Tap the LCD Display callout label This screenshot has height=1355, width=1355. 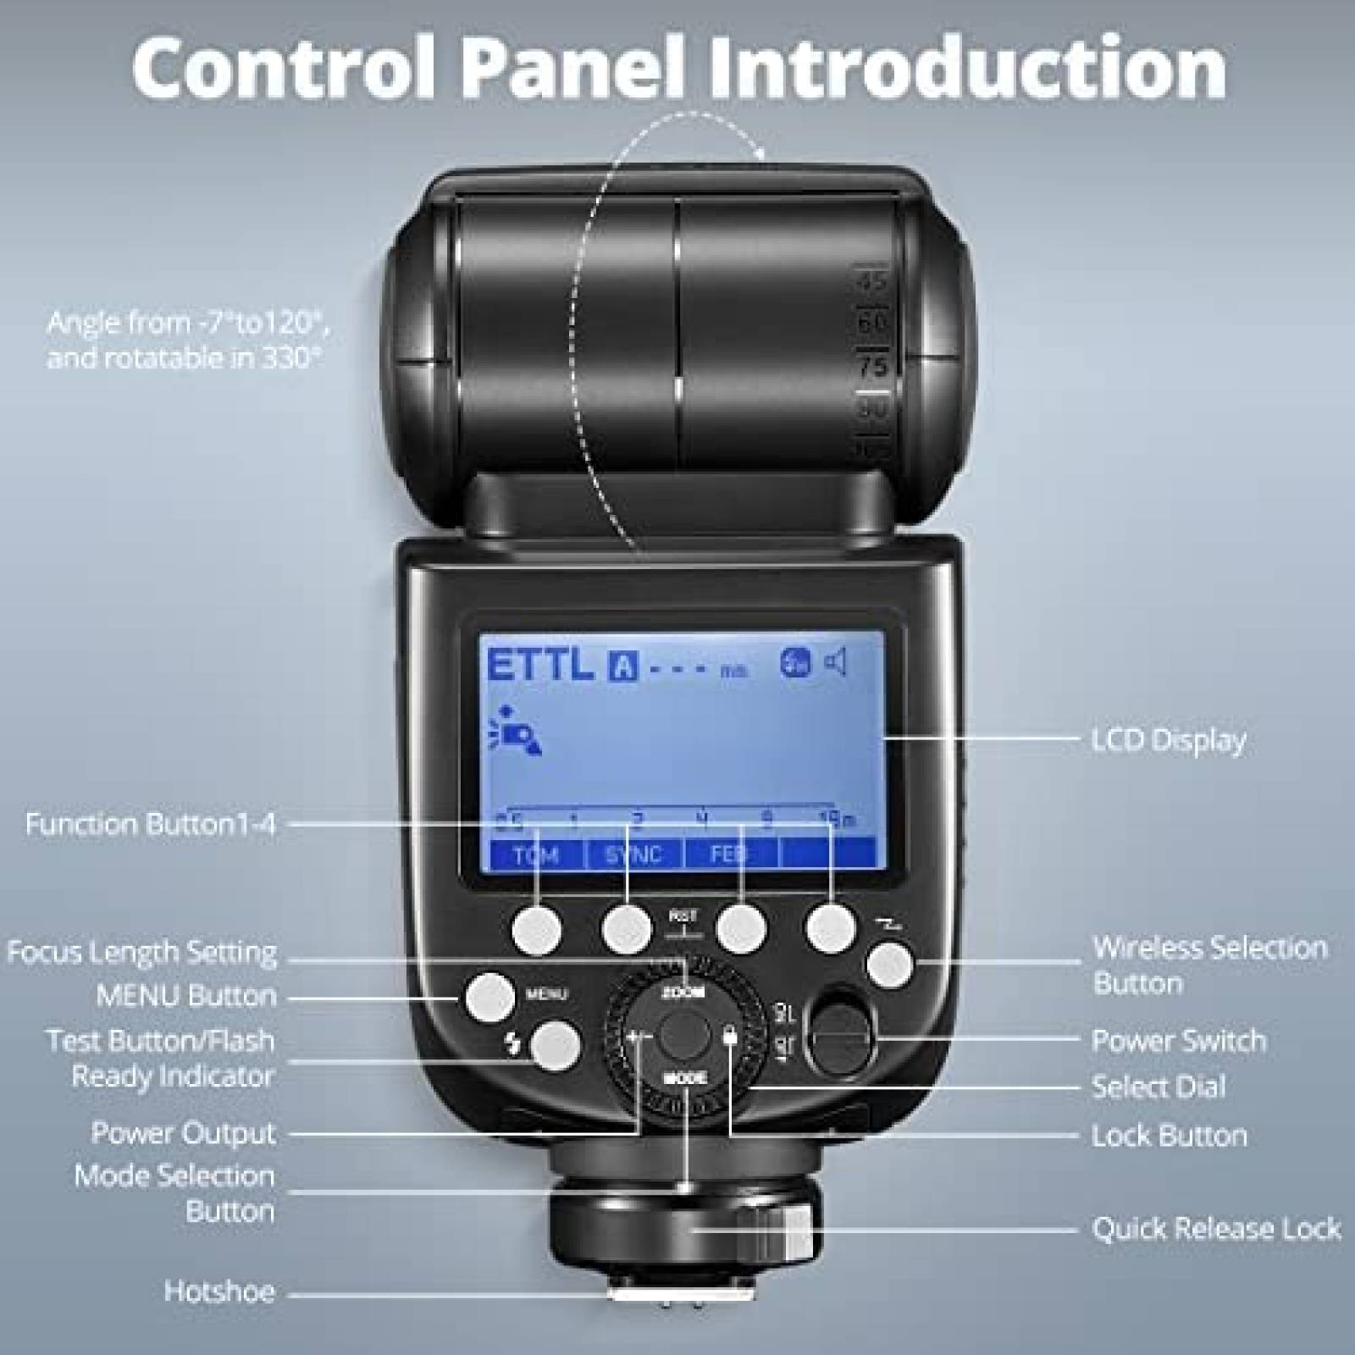[1169, 740]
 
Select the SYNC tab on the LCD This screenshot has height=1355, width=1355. [633, 854]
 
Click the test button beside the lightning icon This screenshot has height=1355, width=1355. [556, 1045]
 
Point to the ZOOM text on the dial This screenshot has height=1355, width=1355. [683, 992]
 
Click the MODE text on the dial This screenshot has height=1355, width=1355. [684, 1079]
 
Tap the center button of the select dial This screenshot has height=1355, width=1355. [684, 1035]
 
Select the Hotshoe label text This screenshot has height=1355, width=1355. [219, 1291]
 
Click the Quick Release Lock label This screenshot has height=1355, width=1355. [1216, 1228]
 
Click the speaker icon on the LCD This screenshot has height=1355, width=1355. [836, 662]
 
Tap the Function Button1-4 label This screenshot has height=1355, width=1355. [151, 824]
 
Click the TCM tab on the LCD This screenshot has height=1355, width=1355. [536, 854]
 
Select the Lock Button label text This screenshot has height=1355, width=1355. [1169, 1136]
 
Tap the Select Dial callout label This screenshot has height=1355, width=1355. [1159, 1087]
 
